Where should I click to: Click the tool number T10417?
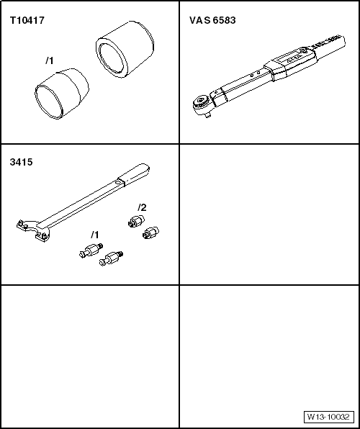click(x=27, y=21)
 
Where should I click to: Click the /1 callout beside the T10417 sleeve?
click(x=50, y=60)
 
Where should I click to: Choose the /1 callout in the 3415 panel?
click(x=94, y=235)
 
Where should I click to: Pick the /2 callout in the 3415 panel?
click(x=142, y=207)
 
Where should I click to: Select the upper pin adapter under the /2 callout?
click(x=135, y=221)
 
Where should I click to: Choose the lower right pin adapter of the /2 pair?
click(x=150, y=232)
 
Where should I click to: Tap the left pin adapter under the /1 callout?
click(x=89, y=251)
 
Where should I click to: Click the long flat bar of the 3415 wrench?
click(x=79, y=204)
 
